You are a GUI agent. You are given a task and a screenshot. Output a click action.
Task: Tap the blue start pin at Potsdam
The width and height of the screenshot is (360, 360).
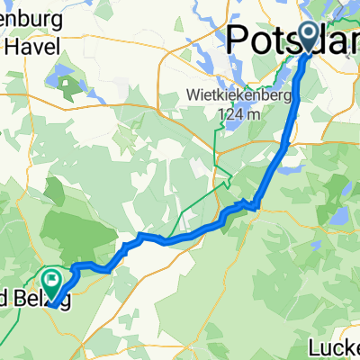308,37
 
